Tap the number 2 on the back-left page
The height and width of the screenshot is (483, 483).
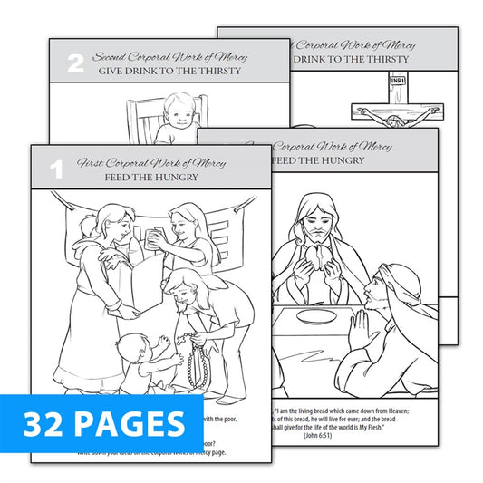pos(76,64)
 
